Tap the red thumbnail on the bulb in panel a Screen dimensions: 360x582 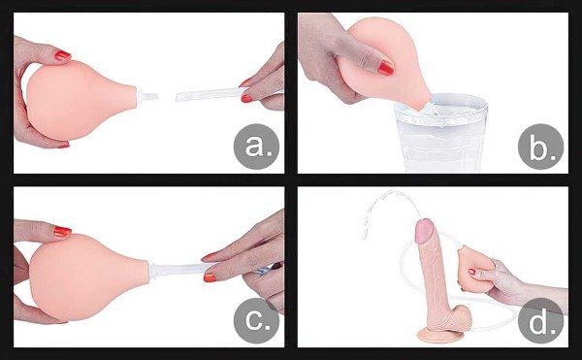61,56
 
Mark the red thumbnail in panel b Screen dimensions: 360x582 385,68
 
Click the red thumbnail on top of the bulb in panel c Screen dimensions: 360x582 61,232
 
